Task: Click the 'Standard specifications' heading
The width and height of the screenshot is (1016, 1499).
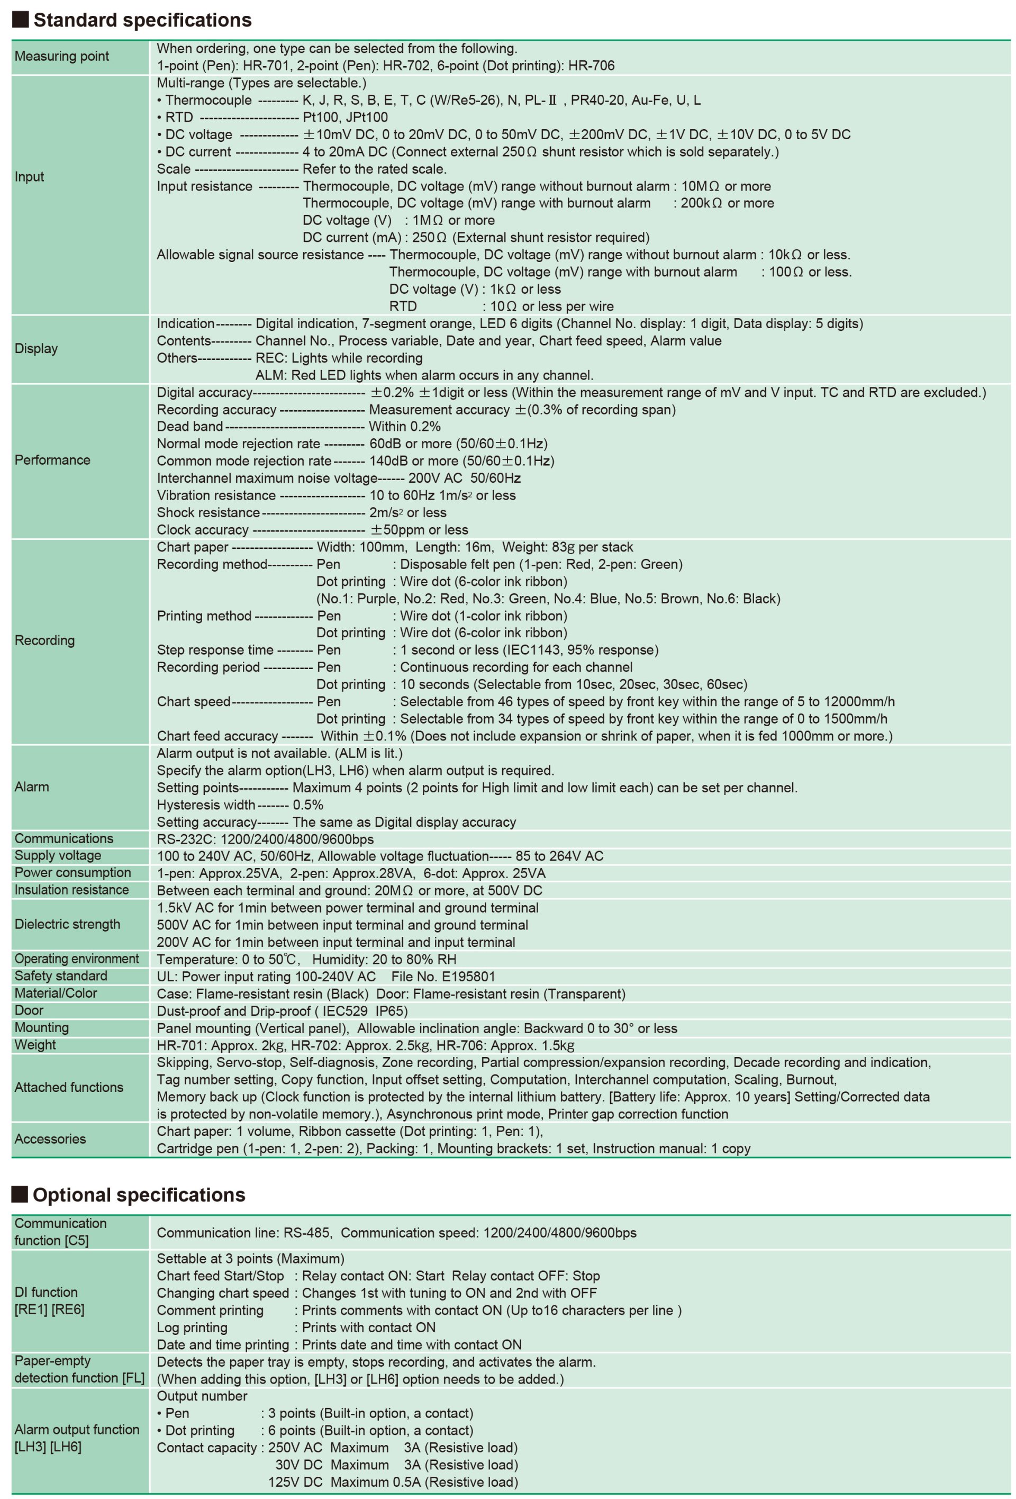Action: point(142,20)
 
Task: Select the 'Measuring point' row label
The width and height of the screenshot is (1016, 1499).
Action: point(62,56)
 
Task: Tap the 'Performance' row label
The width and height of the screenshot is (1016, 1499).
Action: point(52,460)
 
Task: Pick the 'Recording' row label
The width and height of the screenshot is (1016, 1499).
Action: point(44,640)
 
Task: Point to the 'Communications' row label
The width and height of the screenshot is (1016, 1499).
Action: point(64,838)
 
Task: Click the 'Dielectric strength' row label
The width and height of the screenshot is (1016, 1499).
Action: point(67,924)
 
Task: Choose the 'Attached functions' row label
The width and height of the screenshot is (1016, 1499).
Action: point(68,1088)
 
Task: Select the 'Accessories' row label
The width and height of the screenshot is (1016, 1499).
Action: point(50,1139)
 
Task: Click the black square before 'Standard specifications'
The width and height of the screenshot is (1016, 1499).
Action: point(21,20)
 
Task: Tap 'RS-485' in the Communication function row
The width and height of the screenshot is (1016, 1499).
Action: point(308,1233)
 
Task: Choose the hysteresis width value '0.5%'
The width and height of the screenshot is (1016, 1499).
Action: point(307,805)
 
